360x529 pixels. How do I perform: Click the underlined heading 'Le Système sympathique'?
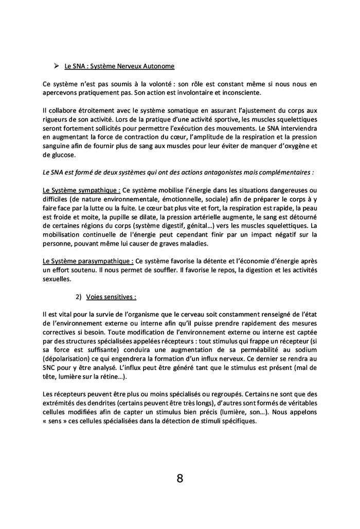[x=82, y=191]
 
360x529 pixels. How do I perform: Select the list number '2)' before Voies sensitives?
[x=78, y=297]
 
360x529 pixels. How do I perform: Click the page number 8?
[x=179, y=479]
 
